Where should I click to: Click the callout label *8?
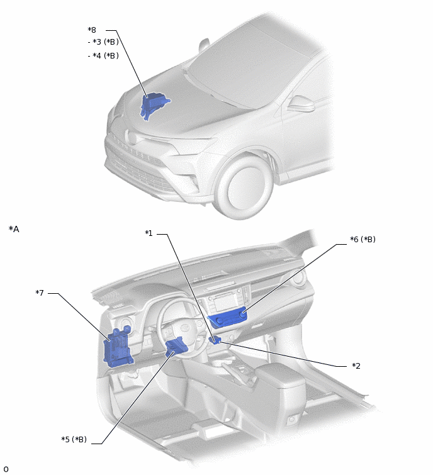click(92, 30)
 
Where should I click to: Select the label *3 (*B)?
click(103, 42)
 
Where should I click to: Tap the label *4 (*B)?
click(103, 56)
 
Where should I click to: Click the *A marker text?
click(14, 229)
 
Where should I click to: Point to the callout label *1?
click(149, 233)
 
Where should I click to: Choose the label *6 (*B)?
click(363, 240)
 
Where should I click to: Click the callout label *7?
click(40, 293)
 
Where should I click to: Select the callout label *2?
click(356, 366)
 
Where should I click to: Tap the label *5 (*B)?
click(74, 439)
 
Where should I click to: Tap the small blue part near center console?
click(215, 340)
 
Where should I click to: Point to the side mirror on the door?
click(301, 104)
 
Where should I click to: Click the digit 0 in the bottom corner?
click(6, 469)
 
